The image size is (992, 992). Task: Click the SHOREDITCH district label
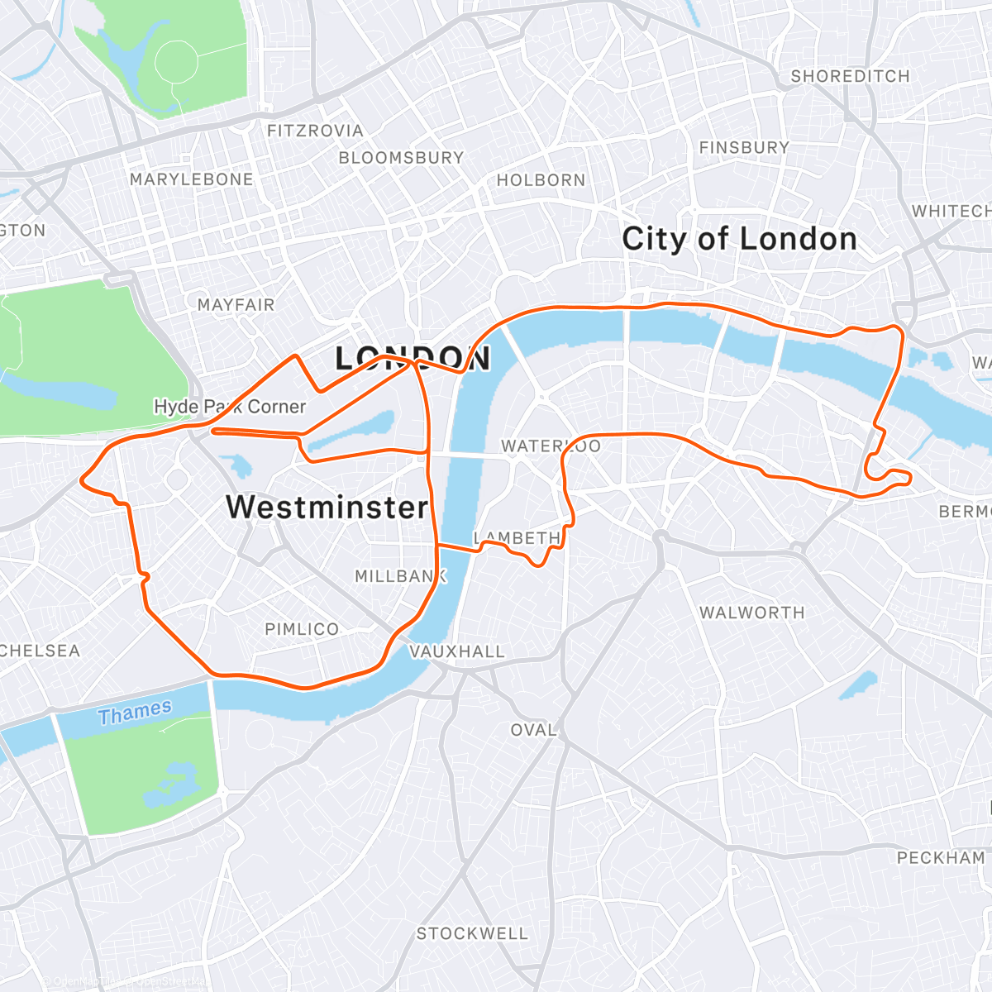click(x=850, y=76)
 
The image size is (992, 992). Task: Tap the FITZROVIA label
click(x=315, y=131)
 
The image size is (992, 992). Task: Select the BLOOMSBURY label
click(x=401, y=157)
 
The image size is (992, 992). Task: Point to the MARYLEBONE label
click(x=191, y=179)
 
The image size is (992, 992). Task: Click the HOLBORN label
click(x=541, y=180)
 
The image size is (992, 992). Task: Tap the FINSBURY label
click(x=744, y=148)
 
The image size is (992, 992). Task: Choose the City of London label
click(x=739, y=239)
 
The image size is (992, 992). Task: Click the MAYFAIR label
click(x=236, y=305)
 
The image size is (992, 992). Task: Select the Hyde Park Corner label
click(x=230, y=407)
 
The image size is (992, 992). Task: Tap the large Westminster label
click(x=327, y=507)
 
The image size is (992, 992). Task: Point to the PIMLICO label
click(x=302, y=629)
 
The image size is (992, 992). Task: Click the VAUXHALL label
click(x=457, y=651)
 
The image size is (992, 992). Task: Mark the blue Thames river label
click(x=135, y=712)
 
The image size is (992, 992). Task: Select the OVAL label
click(x=533, y=730)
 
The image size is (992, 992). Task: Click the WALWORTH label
click(x=751, y=613)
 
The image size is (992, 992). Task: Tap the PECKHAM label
click(x=941, y=858)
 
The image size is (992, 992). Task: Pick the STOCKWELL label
click(x=471, y=933)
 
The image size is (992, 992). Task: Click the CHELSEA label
click(x=40, y=651)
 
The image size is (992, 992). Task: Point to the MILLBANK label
click(x=400, y=576)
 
